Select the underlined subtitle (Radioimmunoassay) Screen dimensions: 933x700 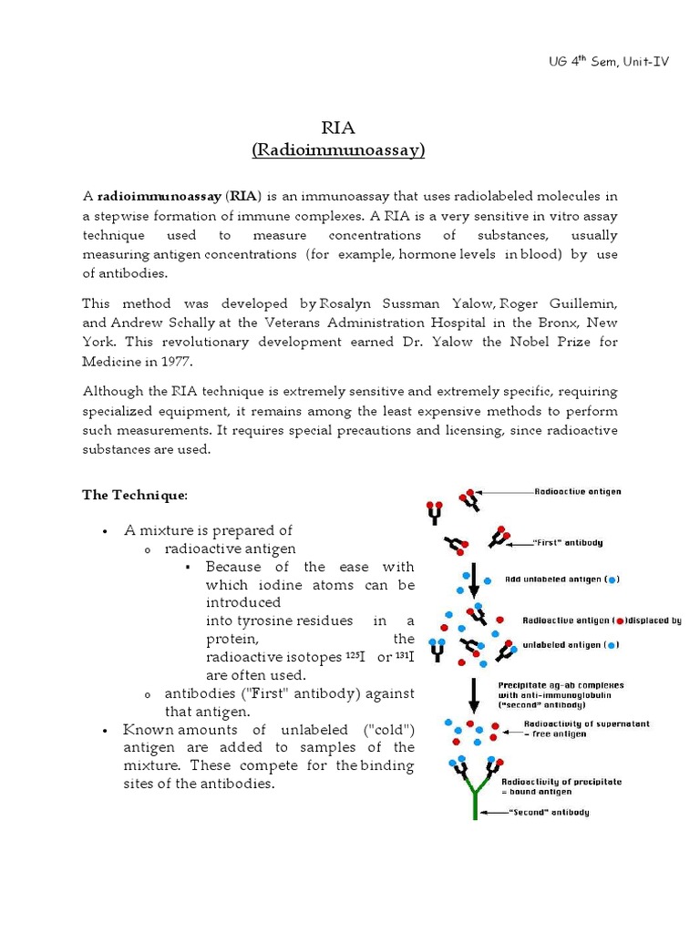(x=338, y=150)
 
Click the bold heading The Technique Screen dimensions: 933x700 (x=134, y=495)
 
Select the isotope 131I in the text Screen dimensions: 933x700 (x=404, y=657)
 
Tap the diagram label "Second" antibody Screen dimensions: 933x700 (x=550, y=812)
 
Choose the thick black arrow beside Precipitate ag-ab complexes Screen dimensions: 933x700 (x=474, y=694)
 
